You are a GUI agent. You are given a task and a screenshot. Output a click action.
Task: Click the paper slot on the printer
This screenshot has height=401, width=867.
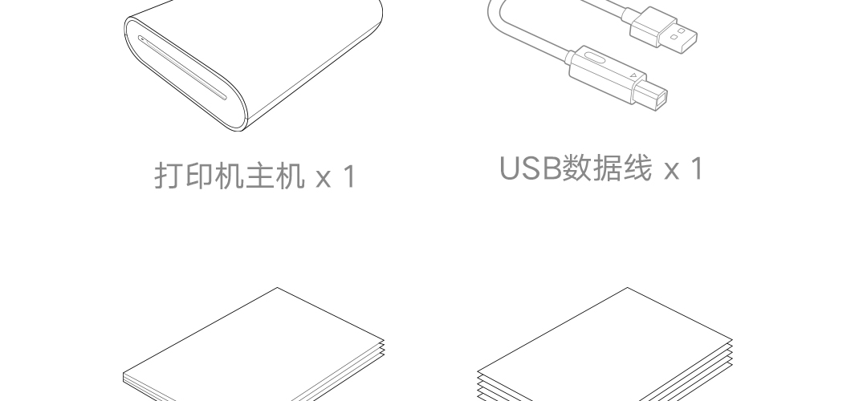pos(182,68)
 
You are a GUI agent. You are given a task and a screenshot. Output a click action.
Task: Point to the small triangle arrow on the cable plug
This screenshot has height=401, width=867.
pos(633,75)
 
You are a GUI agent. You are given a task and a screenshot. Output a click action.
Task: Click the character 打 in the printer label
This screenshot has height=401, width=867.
pos(169,176)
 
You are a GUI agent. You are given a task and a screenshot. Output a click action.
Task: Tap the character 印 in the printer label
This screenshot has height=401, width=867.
pos(200,176)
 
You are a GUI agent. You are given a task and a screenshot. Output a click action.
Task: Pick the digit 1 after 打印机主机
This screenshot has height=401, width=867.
pos(349,176)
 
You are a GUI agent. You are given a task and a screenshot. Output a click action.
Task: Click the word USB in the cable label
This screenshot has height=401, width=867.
pos(531,168)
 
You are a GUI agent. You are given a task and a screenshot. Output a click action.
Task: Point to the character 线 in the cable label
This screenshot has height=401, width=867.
pos(637,168)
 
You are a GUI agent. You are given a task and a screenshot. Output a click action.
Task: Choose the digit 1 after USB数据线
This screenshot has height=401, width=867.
pos(698,168)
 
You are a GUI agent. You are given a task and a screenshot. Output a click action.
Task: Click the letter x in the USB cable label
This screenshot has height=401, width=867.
pos(671,171)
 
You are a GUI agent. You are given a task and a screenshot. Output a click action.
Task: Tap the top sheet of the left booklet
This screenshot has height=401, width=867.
pos(253,342)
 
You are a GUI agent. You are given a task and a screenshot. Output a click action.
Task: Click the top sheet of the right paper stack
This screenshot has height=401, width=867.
pos(605,342)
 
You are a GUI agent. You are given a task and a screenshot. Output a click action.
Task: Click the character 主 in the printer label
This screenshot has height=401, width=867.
pos(259,176)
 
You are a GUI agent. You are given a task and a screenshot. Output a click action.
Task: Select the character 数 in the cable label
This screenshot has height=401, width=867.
pos(576,168)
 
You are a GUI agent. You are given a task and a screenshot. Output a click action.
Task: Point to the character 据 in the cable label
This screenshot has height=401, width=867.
pos(607,168)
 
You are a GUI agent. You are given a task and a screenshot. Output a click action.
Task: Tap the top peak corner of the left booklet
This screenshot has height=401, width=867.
pos(277,288)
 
